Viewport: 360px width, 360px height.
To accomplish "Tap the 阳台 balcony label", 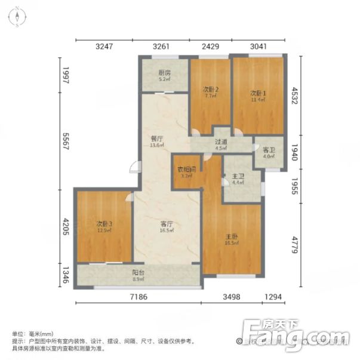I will tap(137, 275).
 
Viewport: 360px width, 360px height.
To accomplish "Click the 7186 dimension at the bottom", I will tap(138, 297).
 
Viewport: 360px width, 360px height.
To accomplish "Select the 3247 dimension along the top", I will tap(104, 45).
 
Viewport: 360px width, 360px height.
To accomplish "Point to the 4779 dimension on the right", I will tap(295, 244).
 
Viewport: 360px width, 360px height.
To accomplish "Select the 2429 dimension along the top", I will tap(210, 45).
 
